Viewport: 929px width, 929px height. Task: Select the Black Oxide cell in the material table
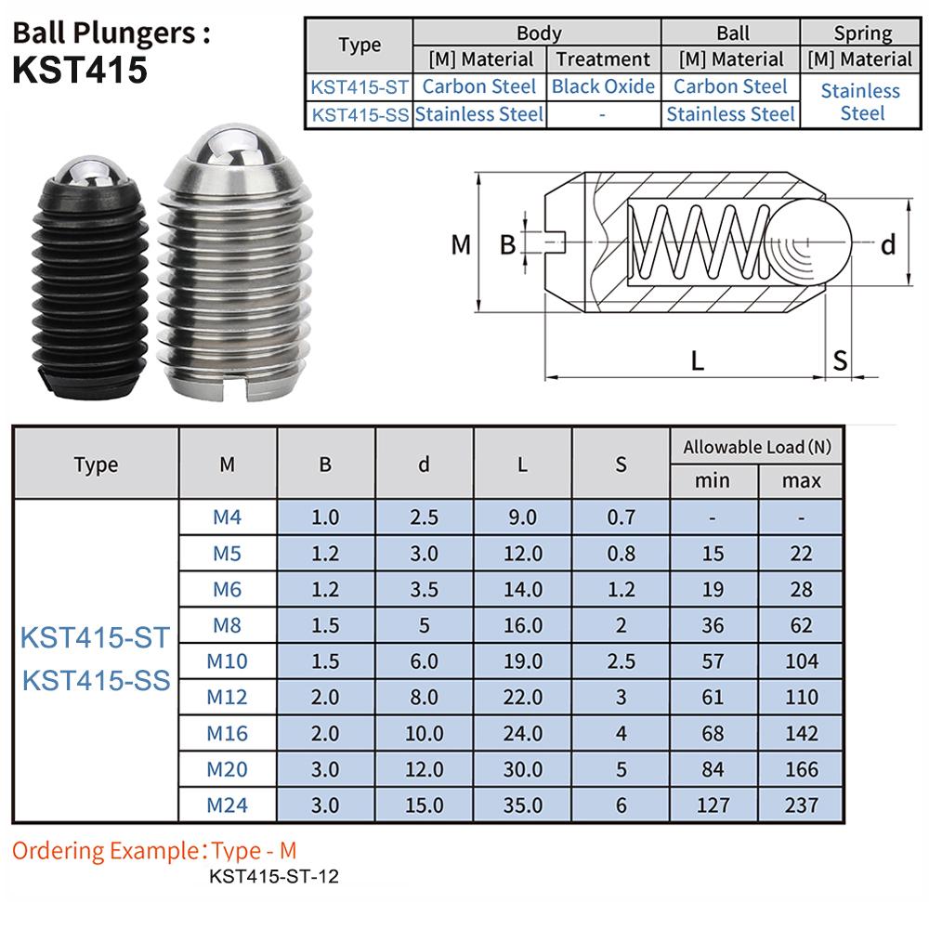pos(603,86)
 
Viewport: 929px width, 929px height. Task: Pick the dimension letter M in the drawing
pos(461,245)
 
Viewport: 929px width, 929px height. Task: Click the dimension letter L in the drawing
pos(696,360)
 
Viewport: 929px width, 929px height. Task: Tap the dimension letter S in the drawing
pos(840,360)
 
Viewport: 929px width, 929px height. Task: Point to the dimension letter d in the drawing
pos(887,245)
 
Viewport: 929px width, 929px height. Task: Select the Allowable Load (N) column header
pos(756,447)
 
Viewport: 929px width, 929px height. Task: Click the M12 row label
pos(227,697)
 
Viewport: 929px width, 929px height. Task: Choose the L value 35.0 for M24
pos(522,805)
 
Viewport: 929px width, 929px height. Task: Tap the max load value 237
pos(801,805)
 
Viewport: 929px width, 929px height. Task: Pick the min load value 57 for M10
pos(712,661)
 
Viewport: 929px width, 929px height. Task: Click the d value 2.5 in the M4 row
pos(424,517)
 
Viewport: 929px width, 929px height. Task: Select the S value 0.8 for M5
pos(621,553)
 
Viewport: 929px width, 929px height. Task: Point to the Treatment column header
pos(603,59)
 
